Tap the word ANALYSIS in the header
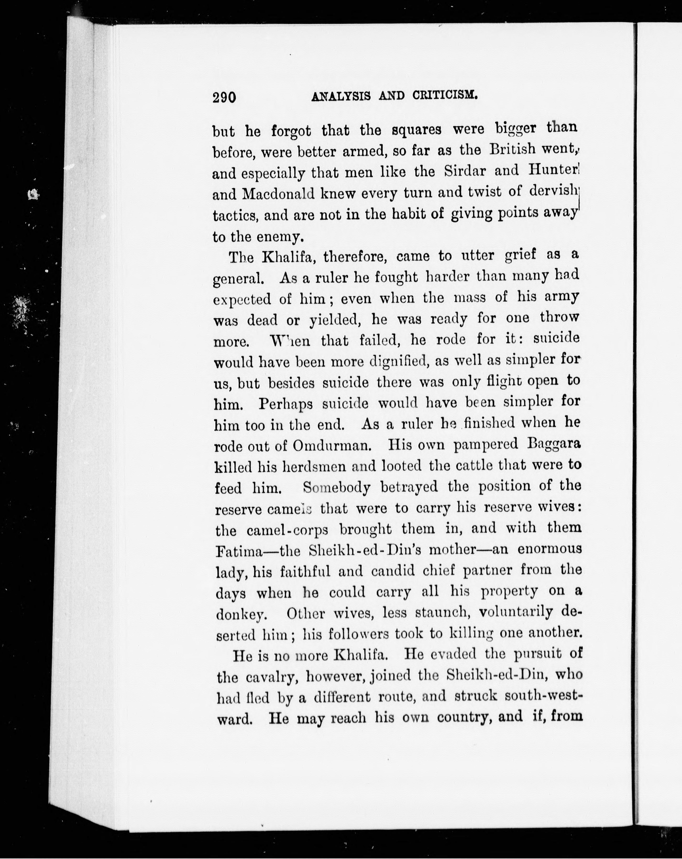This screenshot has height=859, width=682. pyautogui.click(x=341, y=96)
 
